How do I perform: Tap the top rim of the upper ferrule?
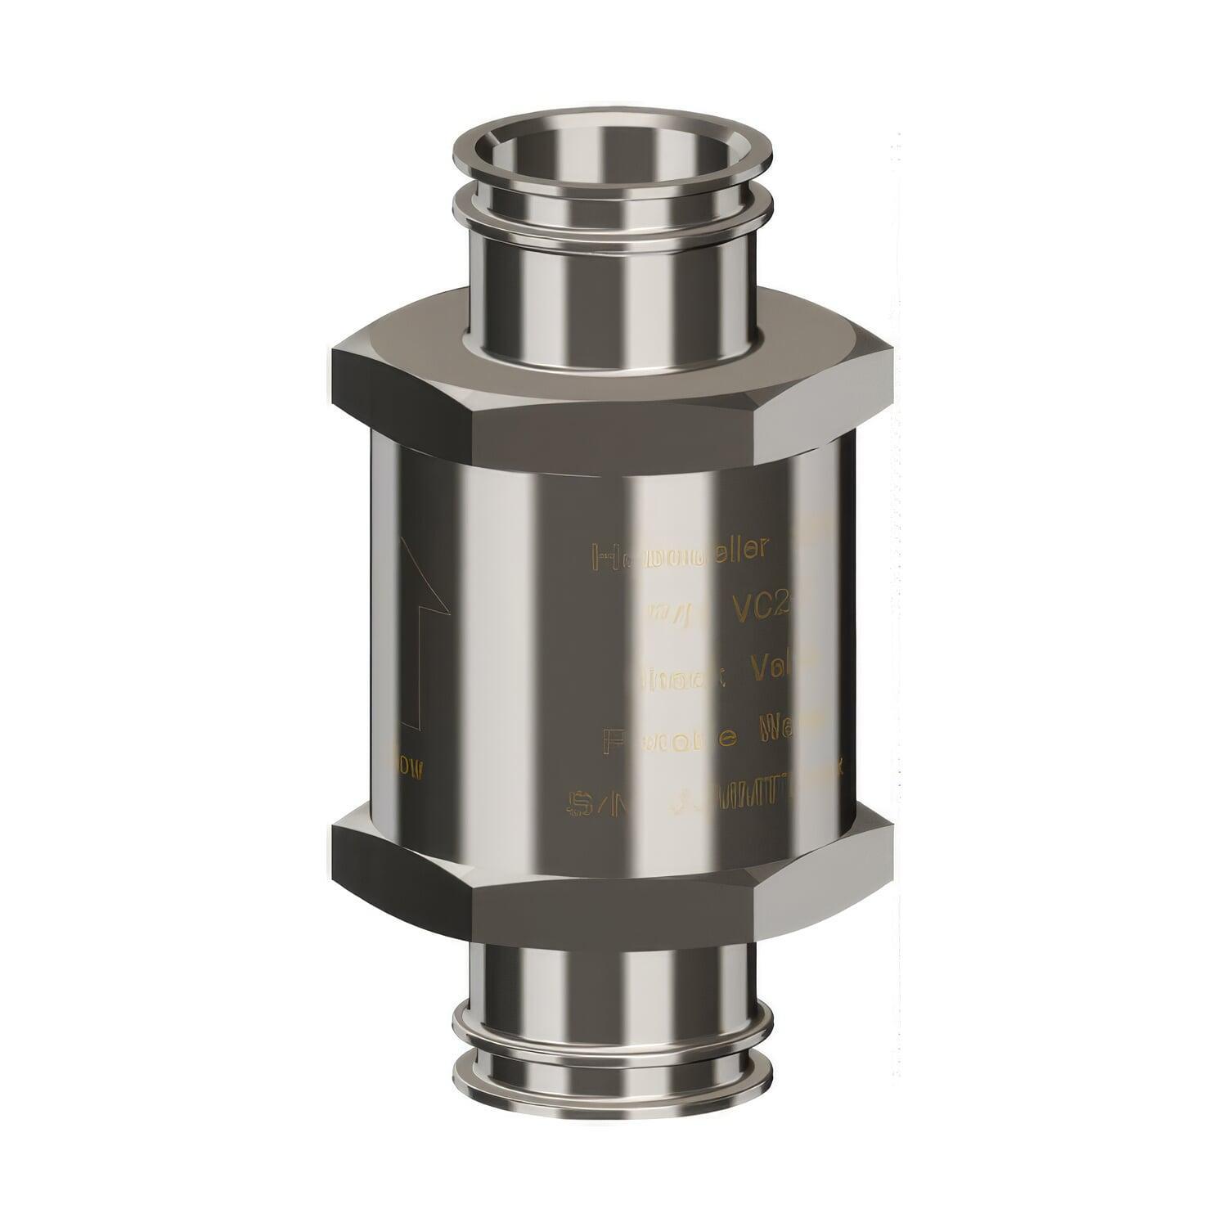(x=612, y=131)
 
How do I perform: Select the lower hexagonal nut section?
(x=612, y=867)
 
